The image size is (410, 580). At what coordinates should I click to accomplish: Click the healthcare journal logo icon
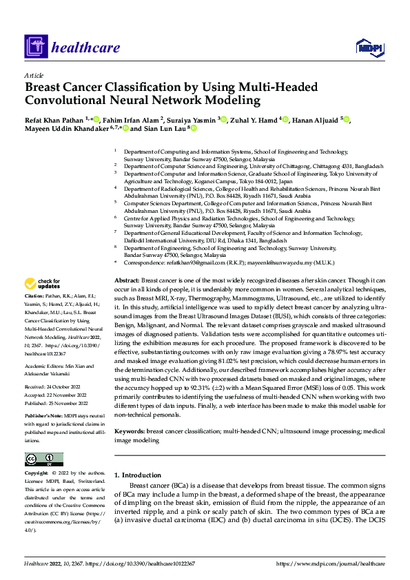coord(34,47)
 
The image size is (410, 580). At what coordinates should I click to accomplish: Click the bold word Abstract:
coord(127,302)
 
